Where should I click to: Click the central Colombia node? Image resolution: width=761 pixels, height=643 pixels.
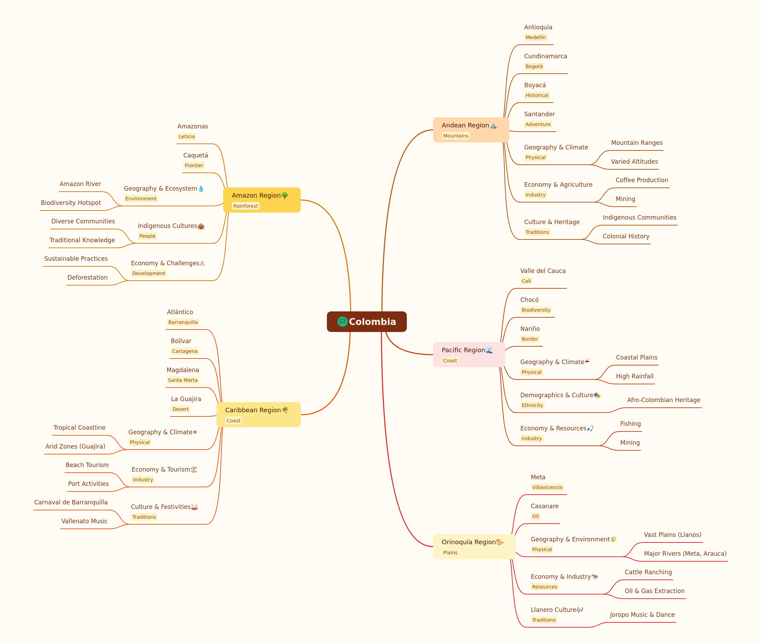[x=366, y=321]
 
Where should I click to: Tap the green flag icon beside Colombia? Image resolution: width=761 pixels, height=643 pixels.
[x=342, y=321]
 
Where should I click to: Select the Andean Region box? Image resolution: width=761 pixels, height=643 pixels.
[x=471, y=130]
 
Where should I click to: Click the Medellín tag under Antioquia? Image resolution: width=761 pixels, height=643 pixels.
[x=536, y=37]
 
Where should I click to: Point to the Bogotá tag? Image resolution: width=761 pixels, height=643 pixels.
[x=534, y=66]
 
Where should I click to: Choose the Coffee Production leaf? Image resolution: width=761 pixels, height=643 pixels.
[x=642, y=180]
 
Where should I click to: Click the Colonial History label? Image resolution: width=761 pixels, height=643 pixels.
[x=626, y=236]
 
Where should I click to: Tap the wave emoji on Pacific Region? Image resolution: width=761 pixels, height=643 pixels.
[x=489, y=350]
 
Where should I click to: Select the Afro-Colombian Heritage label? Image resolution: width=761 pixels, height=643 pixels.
[x=664, y=400]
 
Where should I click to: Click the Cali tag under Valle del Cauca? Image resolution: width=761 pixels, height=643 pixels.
[x=526, y=281]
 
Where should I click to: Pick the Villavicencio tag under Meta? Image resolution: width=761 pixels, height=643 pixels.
[x=547, y=487]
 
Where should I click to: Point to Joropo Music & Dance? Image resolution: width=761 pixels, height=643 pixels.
[x=642, y=615]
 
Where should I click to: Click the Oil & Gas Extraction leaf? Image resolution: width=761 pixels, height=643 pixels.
[x=654, y=591]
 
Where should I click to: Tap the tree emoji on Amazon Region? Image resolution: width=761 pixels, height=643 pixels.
[x=284, y=195]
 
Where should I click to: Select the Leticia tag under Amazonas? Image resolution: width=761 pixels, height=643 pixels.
[x=187, y=136]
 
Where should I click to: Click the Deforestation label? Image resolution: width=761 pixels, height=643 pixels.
[x=88, y=278]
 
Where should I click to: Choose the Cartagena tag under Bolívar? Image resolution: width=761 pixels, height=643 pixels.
[x=185, y=351]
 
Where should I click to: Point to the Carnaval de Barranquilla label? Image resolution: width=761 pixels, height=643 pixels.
[x=71, y=502]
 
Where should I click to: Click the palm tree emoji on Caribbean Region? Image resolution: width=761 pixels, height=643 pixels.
[x=285, y=410]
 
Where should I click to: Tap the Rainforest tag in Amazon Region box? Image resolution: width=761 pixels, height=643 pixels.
[x=246, y=206]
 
